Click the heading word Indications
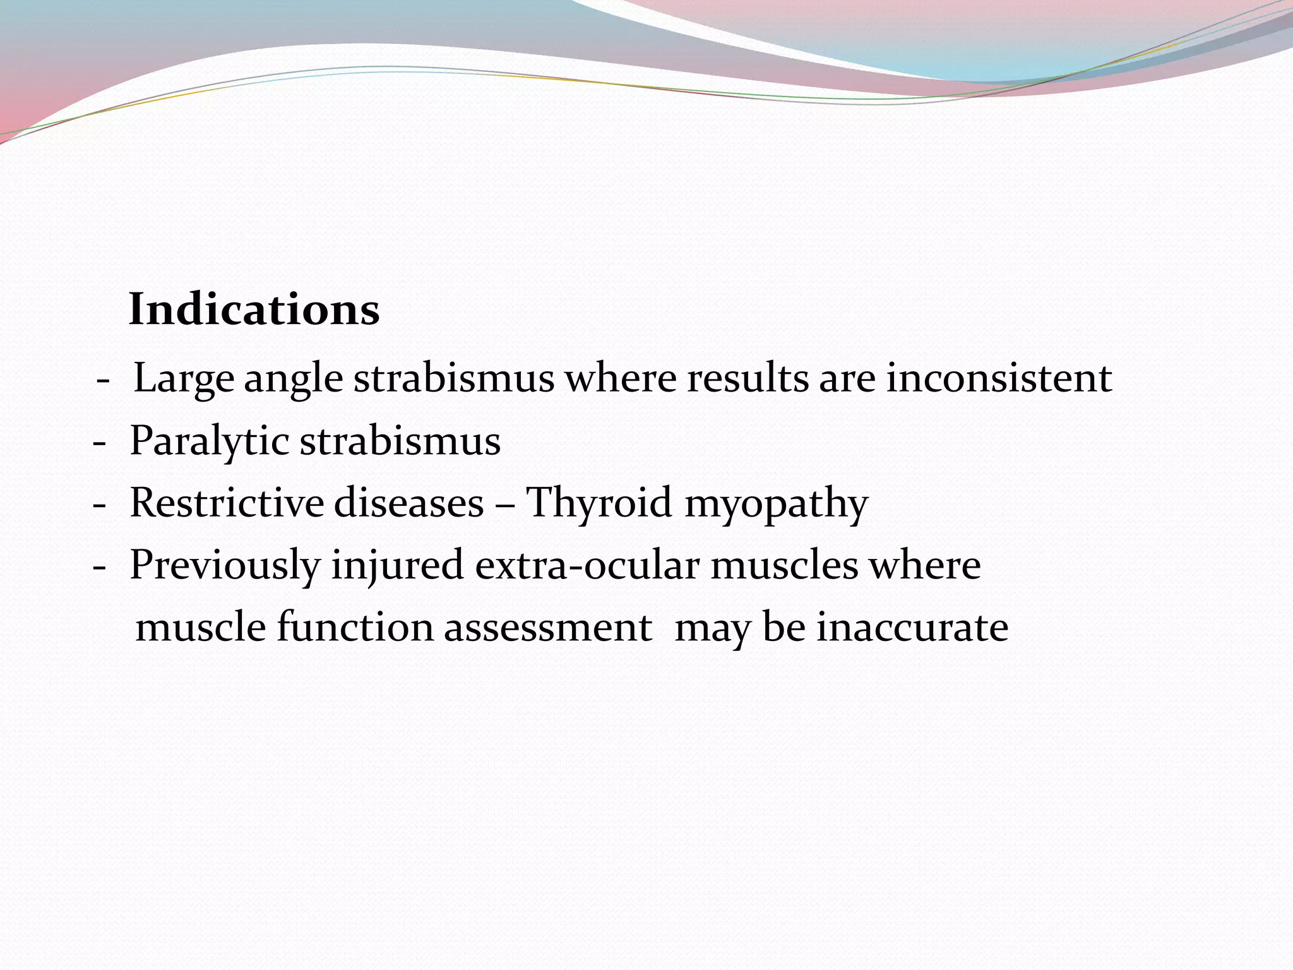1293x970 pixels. pos(254,310)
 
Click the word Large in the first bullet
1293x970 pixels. pos(183,379)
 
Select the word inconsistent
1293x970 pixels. pos(999,379)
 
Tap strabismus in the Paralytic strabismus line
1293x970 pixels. pos(400,441)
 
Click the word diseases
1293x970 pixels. pos(408,503)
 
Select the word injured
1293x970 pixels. pos(398,566)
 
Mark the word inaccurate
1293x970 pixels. pos(912,628)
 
